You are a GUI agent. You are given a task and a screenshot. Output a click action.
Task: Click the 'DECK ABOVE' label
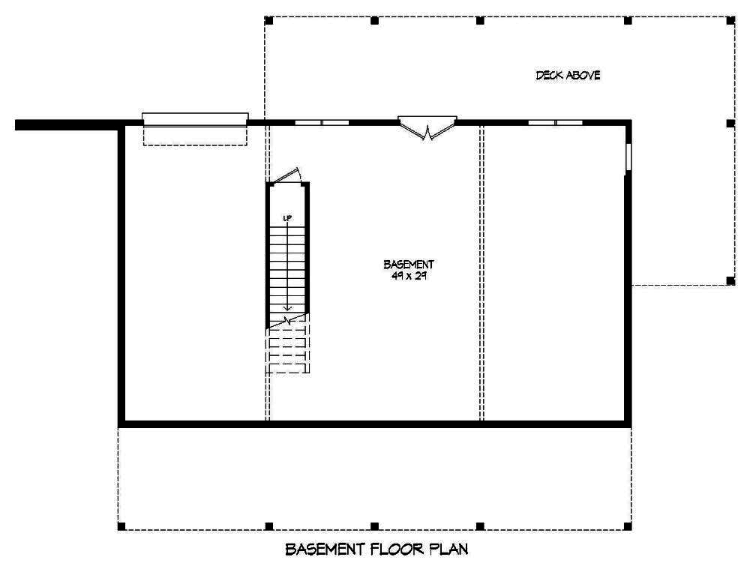click(568, 75)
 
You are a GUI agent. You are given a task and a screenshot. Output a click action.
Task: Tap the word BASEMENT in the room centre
click(409, 265)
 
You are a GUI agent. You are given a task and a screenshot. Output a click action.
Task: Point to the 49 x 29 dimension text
click(409, 275)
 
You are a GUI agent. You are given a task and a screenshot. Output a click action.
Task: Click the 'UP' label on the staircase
click(287, 218)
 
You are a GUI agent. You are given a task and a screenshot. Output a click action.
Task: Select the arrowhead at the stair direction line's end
click(287, 307)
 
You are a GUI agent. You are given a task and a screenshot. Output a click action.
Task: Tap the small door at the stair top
click(286, 175)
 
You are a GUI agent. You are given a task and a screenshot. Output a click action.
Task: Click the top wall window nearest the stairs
click(321, 121)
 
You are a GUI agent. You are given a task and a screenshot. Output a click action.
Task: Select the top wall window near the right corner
click(555, 121)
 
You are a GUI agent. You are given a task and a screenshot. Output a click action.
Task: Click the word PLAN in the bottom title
click(448, 550)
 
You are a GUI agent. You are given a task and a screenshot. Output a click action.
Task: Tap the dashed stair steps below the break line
click(288, 349)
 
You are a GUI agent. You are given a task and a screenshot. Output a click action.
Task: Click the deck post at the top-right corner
click(730, 19)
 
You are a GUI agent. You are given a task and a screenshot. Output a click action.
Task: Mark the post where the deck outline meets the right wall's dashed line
click(730, 281)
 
